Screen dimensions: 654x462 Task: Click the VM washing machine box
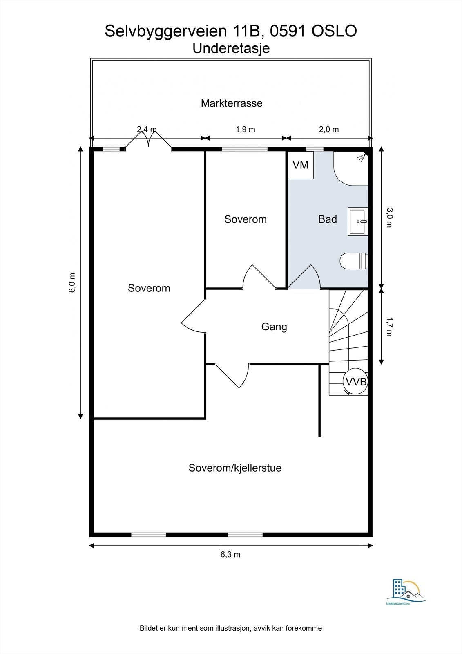pyautogui.click(x=301, y=165)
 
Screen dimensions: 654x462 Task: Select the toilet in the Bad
pyautogui.click(x=353, y=261)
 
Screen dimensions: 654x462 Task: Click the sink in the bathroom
pyautogui.click(x=358, y=221)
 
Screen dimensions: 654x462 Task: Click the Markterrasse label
pyautogui.click(x=231, y=103)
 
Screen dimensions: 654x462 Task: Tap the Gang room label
pyautogui.click(x=274, y=327)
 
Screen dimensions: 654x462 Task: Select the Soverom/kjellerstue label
pyautogui.click(x=235, y=468)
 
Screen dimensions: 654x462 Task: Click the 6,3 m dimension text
pyautogui.click(x=230, y=554)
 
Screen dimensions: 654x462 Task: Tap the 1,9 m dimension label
pyautogui.click(x=245, y=129)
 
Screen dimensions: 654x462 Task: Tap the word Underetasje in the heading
pyautogui.click(x=231, y=48)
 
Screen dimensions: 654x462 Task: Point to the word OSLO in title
pyautogui.click(x=334, y=31)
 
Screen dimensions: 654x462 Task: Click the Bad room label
pyautogui.click(x=327, y=219)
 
